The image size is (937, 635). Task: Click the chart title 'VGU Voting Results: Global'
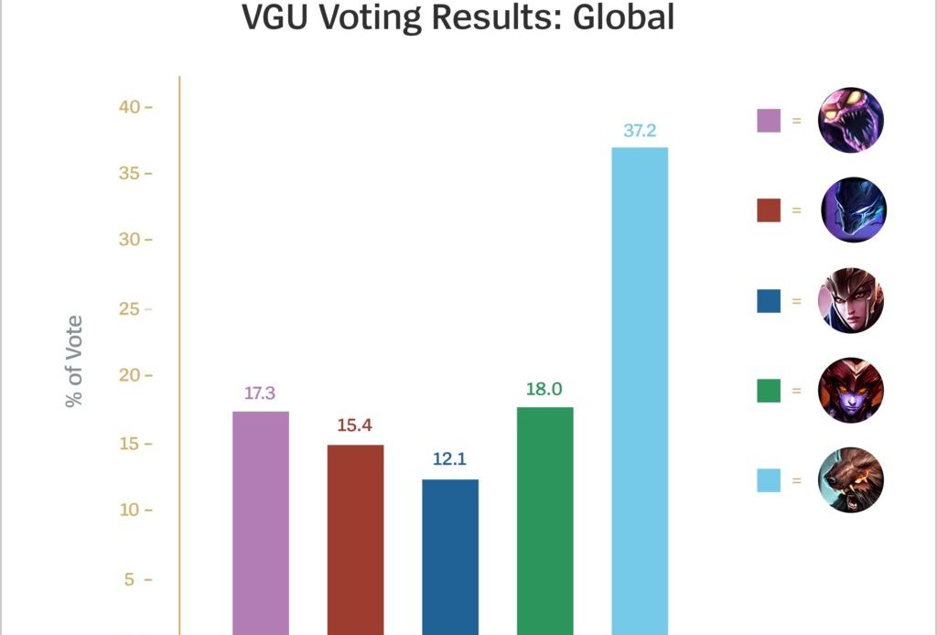pyautogui.click(x=458, y=17)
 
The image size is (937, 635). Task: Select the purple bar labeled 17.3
pyautogui.click(x=261, y=522)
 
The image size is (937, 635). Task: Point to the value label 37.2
pyautogui.click(x=640, y=131)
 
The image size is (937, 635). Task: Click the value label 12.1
pyautogui.click(x=450, y=459)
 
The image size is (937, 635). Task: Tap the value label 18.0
pyautogui.click(x=544, y=389)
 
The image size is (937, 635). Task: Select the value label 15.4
pyautogui.click(x=355, y=425)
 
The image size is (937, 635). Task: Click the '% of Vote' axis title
pyautogui.click(x=74, y=361)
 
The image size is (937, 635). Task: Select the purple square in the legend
pyautogui.click(x=769, y=121)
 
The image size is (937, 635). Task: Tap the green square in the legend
pyautogui.click(x=769, y=391)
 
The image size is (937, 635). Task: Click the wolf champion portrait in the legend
pyautogui.click(x=851, y=479)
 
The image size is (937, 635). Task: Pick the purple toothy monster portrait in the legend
pyautogui.click(x=851, y=120)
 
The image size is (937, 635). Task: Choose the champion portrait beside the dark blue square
pyautogui.click(x=851, y=300)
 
